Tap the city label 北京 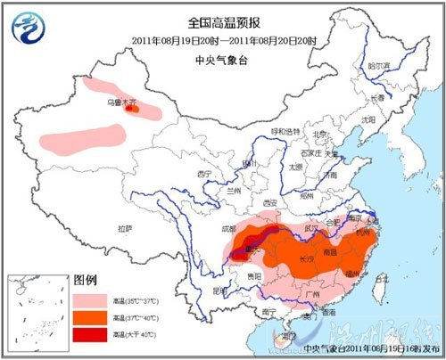tap(317, 135)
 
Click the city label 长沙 tap(303, 258)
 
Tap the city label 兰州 tap(234, 191)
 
